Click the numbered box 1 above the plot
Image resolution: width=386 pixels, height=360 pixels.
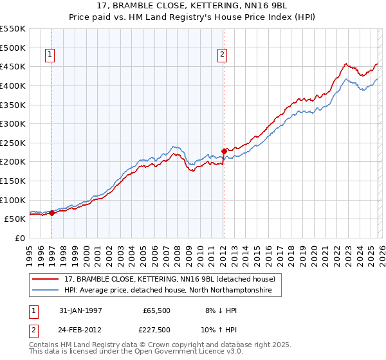(x=51, y=55)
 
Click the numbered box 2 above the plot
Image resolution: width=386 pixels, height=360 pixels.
(x=222, y=55)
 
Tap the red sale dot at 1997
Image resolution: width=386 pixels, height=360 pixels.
(x=51, y=213)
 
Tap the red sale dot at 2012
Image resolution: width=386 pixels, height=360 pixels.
(x=224, y=151)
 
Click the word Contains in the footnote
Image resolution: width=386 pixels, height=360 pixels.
(x=46, y=345)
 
